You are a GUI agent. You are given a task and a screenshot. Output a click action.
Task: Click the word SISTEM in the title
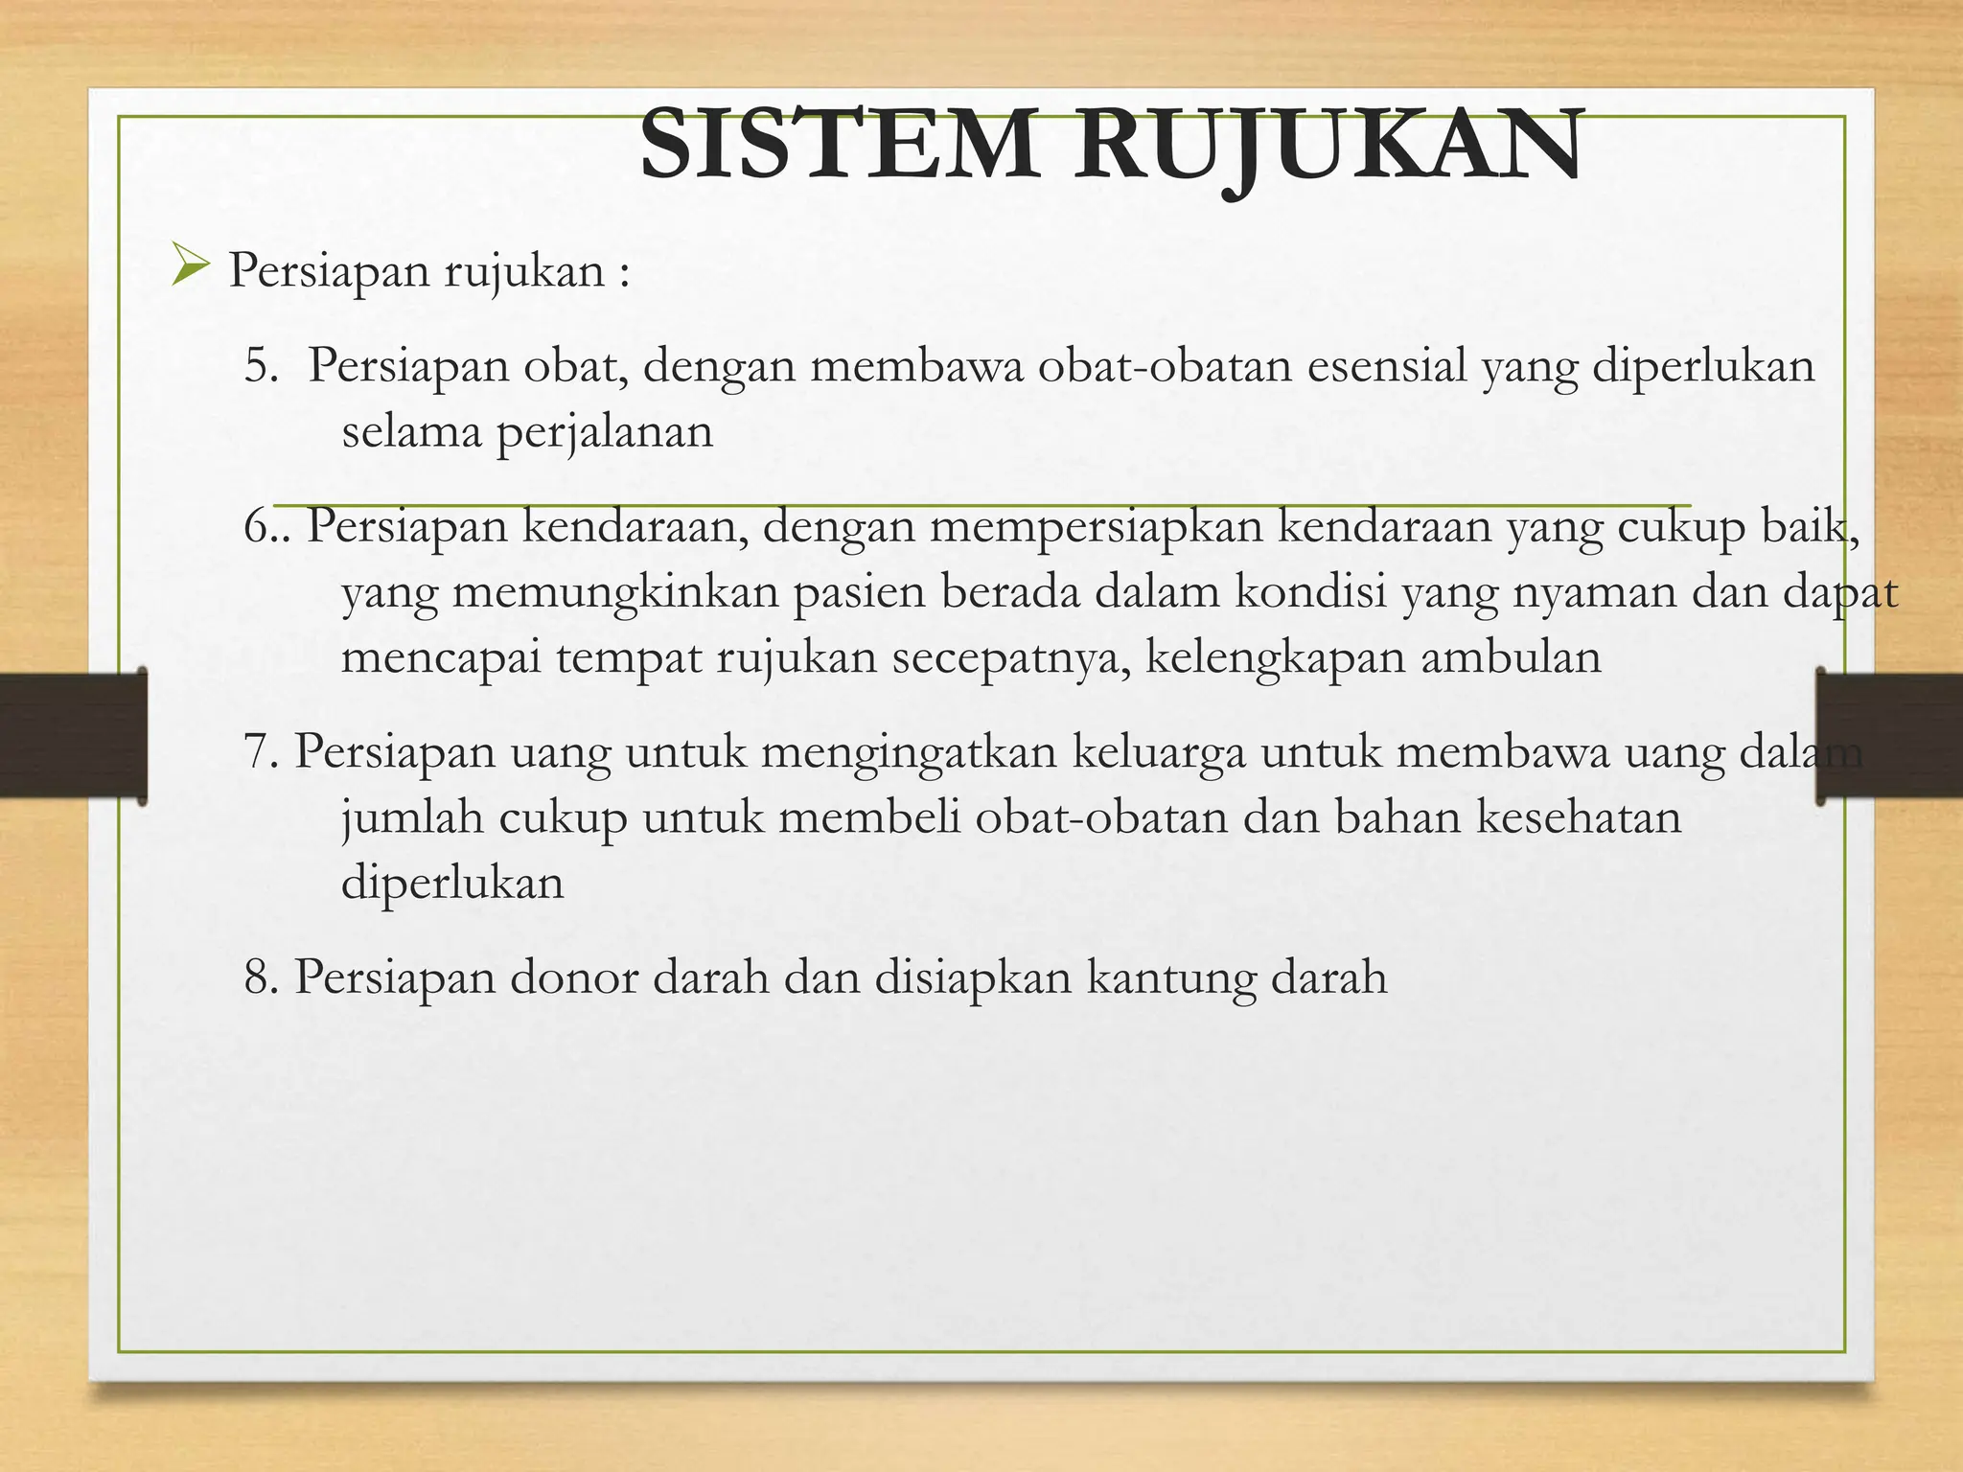click(x=839, y=146)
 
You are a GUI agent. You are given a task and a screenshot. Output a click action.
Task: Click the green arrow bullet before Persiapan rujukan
click(x=190, y=265)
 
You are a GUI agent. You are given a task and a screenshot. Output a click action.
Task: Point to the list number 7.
click(x=261, y=751)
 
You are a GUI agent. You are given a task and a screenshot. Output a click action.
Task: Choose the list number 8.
click(x=261, y=977)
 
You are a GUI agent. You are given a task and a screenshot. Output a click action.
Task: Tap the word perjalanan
click(x=605, y=433)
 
